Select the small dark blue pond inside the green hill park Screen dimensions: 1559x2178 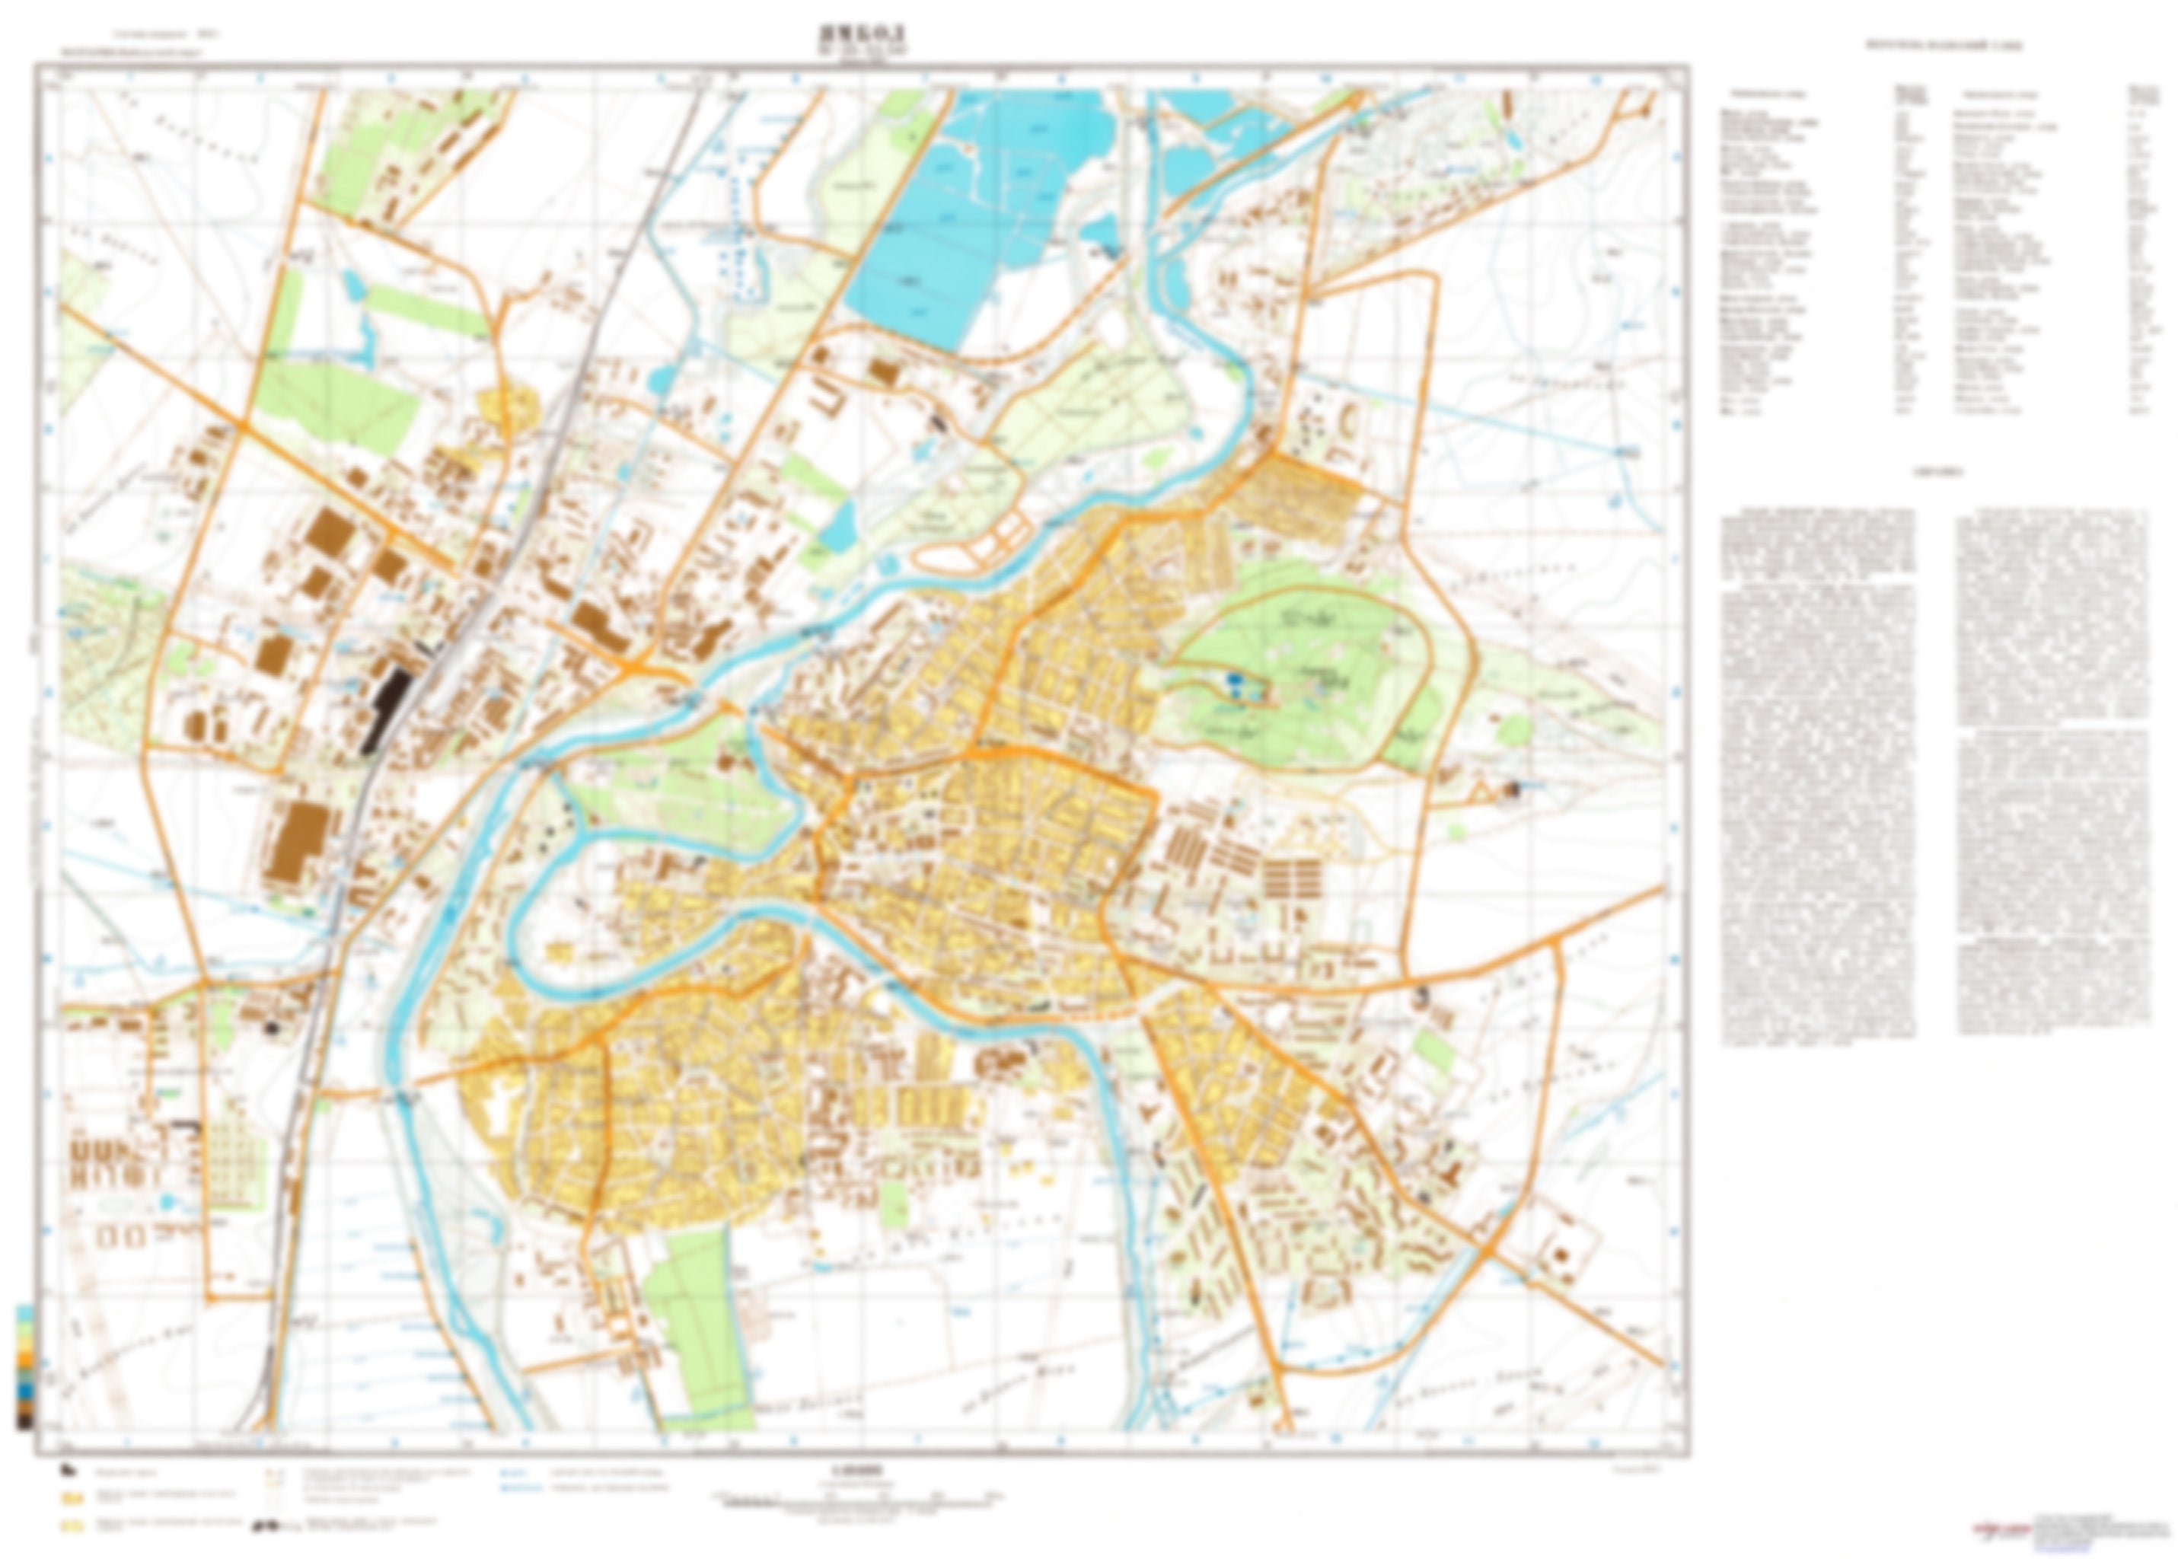click(1233, 684)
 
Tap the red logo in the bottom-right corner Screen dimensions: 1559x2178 click(1987, 1530)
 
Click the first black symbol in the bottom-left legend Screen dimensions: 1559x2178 click(67, 1468)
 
